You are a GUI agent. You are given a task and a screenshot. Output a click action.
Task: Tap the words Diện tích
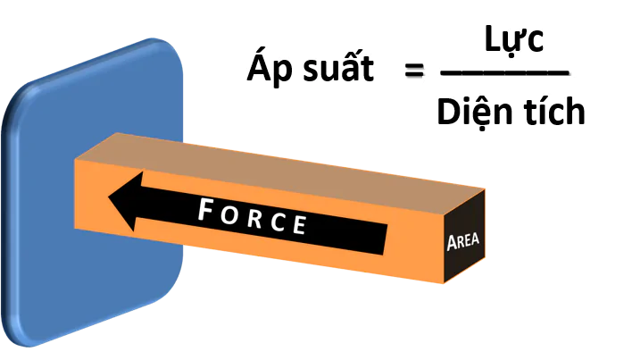coord(511,112)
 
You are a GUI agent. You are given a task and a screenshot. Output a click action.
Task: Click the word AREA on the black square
coord(462,243)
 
